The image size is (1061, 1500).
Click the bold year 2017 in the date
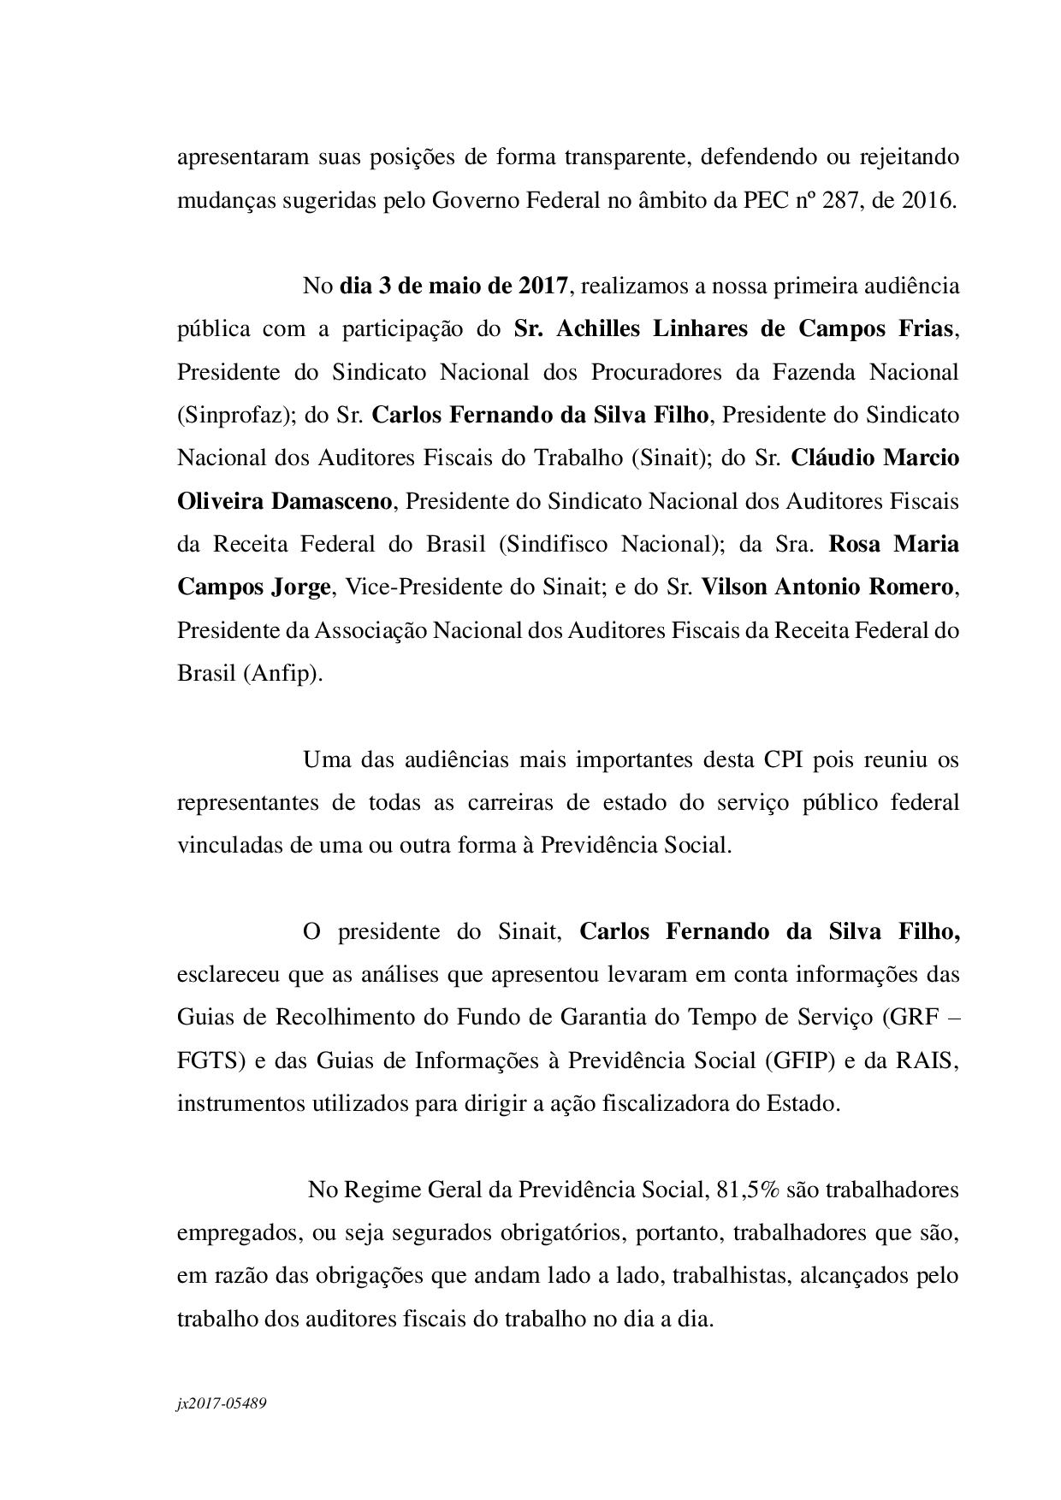(x=542, y=286)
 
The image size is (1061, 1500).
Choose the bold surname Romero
(x=910, y=588)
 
